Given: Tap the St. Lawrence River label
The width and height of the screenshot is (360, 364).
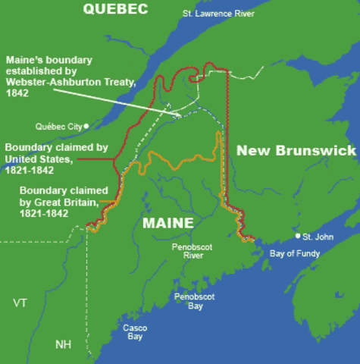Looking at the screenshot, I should click(x=218, y=14).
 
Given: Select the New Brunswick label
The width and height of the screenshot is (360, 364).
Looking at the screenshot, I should click(x=296, y=150).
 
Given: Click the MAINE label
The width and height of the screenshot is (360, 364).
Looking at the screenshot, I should click(x=168, y=224).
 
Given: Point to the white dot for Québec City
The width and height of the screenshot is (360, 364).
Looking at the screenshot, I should click(x=86, y=126).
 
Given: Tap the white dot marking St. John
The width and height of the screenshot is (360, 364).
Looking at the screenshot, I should click(x=298, y=236).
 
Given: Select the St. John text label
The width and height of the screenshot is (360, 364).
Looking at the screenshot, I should click(x=318, y=237).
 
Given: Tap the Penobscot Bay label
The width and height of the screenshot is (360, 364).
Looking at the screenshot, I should click(x=189, y=300).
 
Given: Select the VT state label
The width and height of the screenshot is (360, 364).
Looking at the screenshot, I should click(x=20, y=303).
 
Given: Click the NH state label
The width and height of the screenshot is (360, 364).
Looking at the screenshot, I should click(x=64, y=344).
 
